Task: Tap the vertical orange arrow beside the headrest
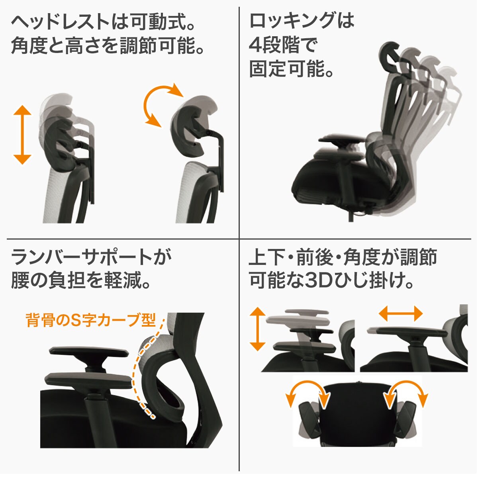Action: point(22,135)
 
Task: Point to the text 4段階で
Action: point(283,45)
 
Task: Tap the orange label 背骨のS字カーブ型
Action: point(91,320)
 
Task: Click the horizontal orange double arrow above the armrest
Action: point(400,313)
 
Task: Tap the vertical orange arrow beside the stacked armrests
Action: point(258,329)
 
